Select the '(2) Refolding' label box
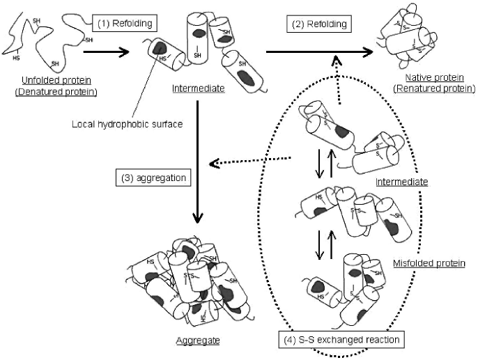coord(318,24)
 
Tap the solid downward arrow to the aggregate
coord(199,160)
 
